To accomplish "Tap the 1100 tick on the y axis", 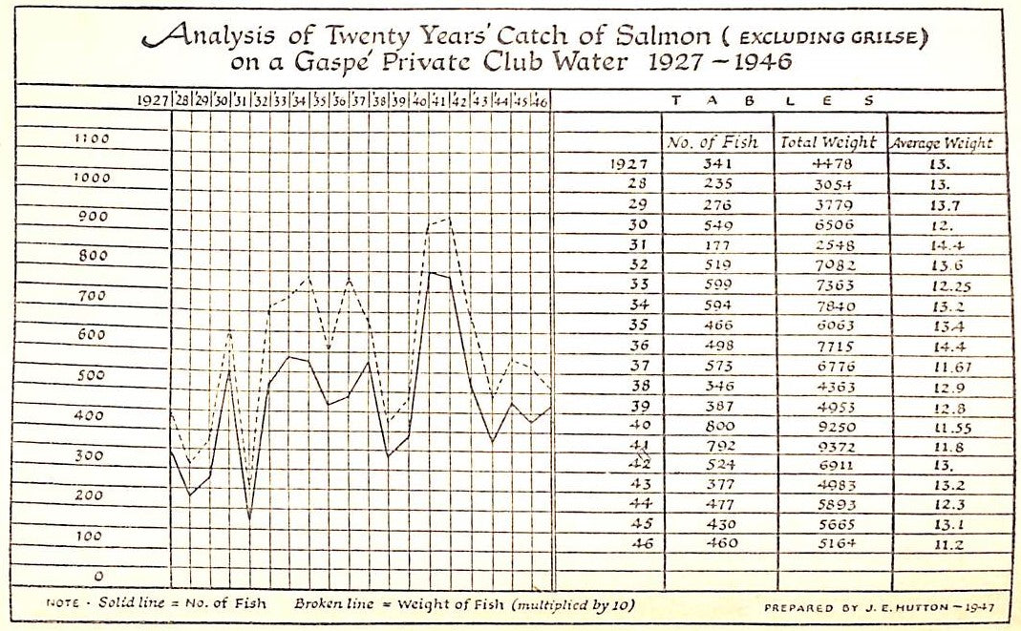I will (x=93, y=138).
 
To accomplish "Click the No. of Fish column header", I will (x=713, y=142).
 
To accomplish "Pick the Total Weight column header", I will (x=828, y=142).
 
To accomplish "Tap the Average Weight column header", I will (x=942, y=143).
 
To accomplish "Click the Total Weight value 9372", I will (x=829, y=445).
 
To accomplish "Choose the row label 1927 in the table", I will (x=629, y=163).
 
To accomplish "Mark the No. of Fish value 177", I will (x=716, y=244).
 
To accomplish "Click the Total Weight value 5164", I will (x=829, y=545).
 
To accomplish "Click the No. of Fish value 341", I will (x=716, y=163).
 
